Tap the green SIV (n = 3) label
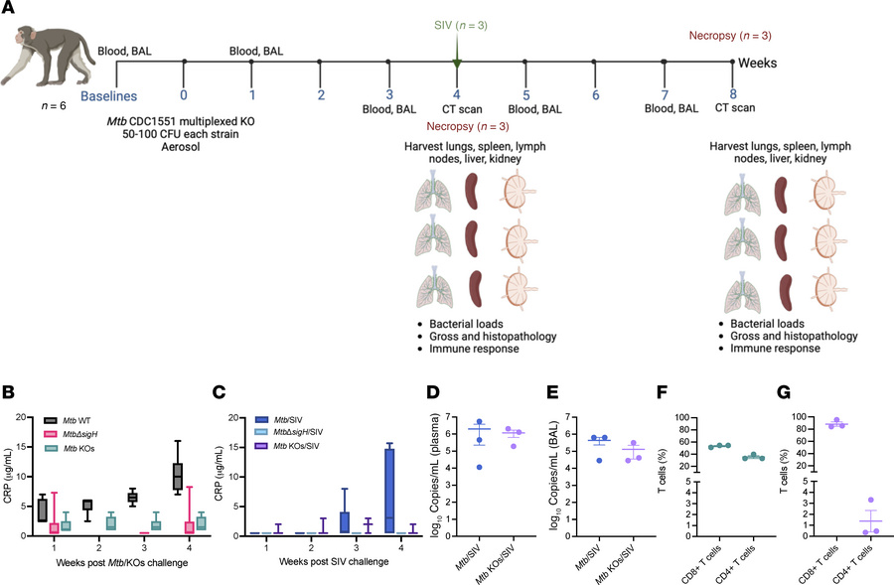click(x=456, y=23)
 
